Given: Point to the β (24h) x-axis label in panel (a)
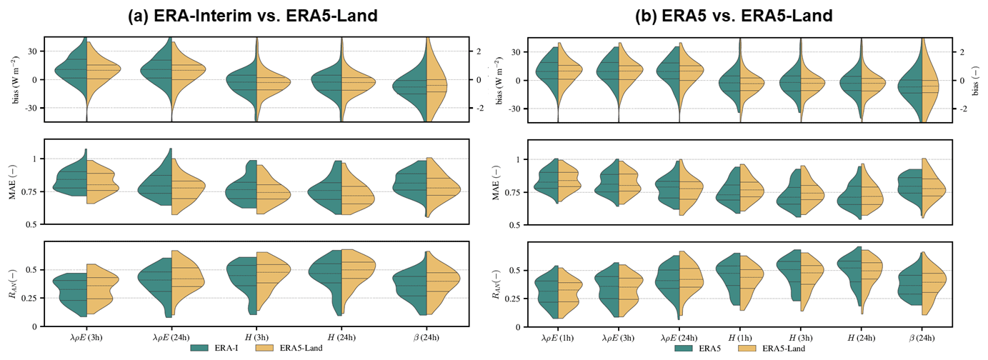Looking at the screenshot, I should coord(426,336).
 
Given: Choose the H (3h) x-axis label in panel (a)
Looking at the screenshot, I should coord(256,336).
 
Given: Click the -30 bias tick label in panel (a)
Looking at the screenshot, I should coord(32,108).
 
